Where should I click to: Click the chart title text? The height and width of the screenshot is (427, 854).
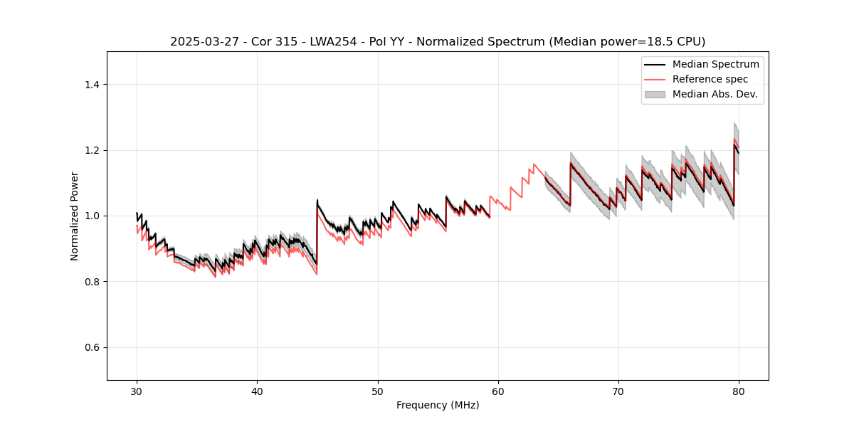tap(438, 42)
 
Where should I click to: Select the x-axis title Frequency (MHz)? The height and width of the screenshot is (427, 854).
tap(438, 405)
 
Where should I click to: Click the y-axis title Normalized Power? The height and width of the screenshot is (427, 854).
tap(74, 216)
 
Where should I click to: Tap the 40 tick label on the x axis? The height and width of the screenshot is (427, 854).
tap(257, 391)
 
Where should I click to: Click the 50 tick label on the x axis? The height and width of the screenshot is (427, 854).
tap(378, 391)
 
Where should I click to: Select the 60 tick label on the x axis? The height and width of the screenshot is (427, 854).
tap(498, 391)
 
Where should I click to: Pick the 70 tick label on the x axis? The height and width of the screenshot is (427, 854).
tap(618, 391)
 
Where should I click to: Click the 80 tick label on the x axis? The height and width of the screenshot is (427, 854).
tap(739, 391)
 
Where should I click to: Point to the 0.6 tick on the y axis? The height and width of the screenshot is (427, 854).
tap(93, 347)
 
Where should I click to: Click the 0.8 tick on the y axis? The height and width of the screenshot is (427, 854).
tap(93, 282)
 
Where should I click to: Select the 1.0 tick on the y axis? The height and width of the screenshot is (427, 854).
tap(93, 216)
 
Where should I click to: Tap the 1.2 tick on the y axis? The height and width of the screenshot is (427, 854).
tap(93, 150)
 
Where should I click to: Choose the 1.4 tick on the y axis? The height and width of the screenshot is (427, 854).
tap(93, 85)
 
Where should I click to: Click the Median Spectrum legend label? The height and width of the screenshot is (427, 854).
tap(715, 64)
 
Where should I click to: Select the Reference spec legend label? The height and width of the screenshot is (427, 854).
tap(710, 79)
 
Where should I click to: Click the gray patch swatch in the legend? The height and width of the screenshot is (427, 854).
tap(655, 94)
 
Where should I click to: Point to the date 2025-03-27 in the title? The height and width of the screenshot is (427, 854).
tap(201, 42)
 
